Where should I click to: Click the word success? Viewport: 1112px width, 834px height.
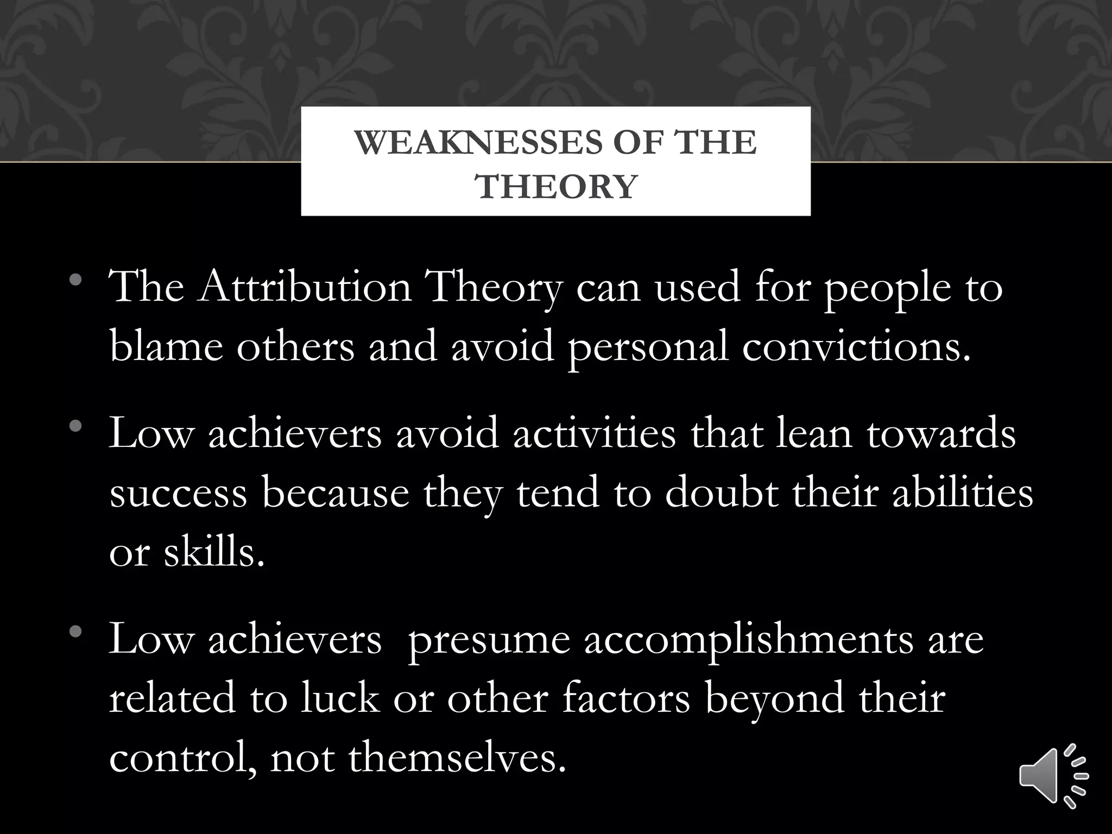click(x=178, y=493)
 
